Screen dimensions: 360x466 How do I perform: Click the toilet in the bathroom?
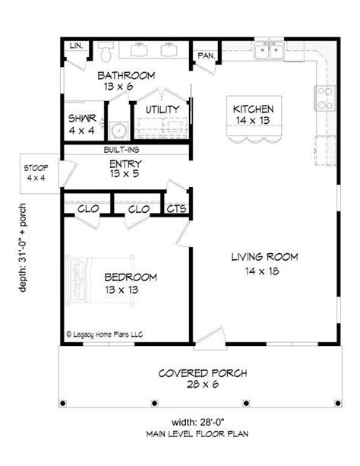pyautogui.click(x=106, y=51)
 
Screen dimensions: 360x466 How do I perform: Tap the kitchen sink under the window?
pyautogui.click(x=269, y=51)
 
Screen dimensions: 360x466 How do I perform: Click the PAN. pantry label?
pyautogui.click(x=207, y=55)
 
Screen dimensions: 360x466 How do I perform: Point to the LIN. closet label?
pyautogui.click(x=77, y=46)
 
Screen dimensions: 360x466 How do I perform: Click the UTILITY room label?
pyautogui.click(x=163, y=109)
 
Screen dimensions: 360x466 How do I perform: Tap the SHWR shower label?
pyautogui.click(x=82, y=119)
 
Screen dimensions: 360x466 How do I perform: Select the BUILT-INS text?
pyautogui.click(x=122, y=150)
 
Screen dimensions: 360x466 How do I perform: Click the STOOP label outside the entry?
pyautogui.click(x=36, y=168)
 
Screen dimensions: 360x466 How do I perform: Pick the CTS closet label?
pyautogui.click(x=176, y=208)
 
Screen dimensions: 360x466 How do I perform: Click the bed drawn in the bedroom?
pyautogui.click(x=100, y=280)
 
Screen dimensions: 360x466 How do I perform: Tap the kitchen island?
pyautogui.click(x=254, y=119)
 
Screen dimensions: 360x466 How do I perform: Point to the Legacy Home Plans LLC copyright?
pyautogui.click(x=104, y=334)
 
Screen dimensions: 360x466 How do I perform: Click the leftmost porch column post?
pyautogui.click(x=63, y=404)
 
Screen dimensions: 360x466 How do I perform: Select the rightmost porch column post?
pyautogui.click(x=338, y=404)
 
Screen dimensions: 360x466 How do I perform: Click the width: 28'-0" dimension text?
pyautogui.click(x=197, y=422)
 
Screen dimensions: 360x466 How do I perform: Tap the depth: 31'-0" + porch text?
pyautogui.click(x=23, y=248)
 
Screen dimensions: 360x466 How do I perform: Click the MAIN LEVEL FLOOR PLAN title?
pyautogui.click(x=197, y=434)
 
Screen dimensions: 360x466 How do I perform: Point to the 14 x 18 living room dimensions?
pyautogui.click(x=262, y=271)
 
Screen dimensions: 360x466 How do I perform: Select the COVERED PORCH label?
pyautogui.click(x=203, y=373)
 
